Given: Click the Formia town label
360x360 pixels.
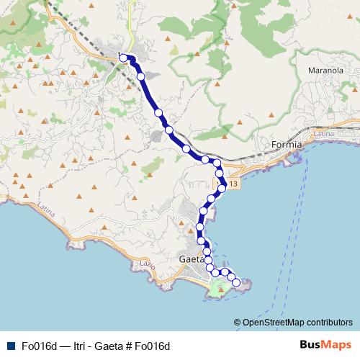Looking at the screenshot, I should pos(286,145).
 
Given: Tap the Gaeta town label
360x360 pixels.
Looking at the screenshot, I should pos(190,258).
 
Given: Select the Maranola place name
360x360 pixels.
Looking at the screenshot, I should pos(323,71).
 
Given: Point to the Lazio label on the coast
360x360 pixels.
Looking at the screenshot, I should pos(150,266).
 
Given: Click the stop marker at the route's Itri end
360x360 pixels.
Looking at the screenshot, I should pos(123,58).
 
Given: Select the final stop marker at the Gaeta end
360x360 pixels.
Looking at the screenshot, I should pos(235,282).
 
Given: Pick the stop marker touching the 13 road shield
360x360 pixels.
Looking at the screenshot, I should pos(223,186).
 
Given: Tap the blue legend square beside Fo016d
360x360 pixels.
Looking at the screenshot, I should pos(10,345).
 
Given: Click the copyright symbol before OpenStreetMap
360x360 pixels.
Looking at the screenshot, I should pos(237,322).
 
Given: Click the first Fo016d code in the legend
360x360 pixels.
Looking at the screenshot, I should pos(38,345).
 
